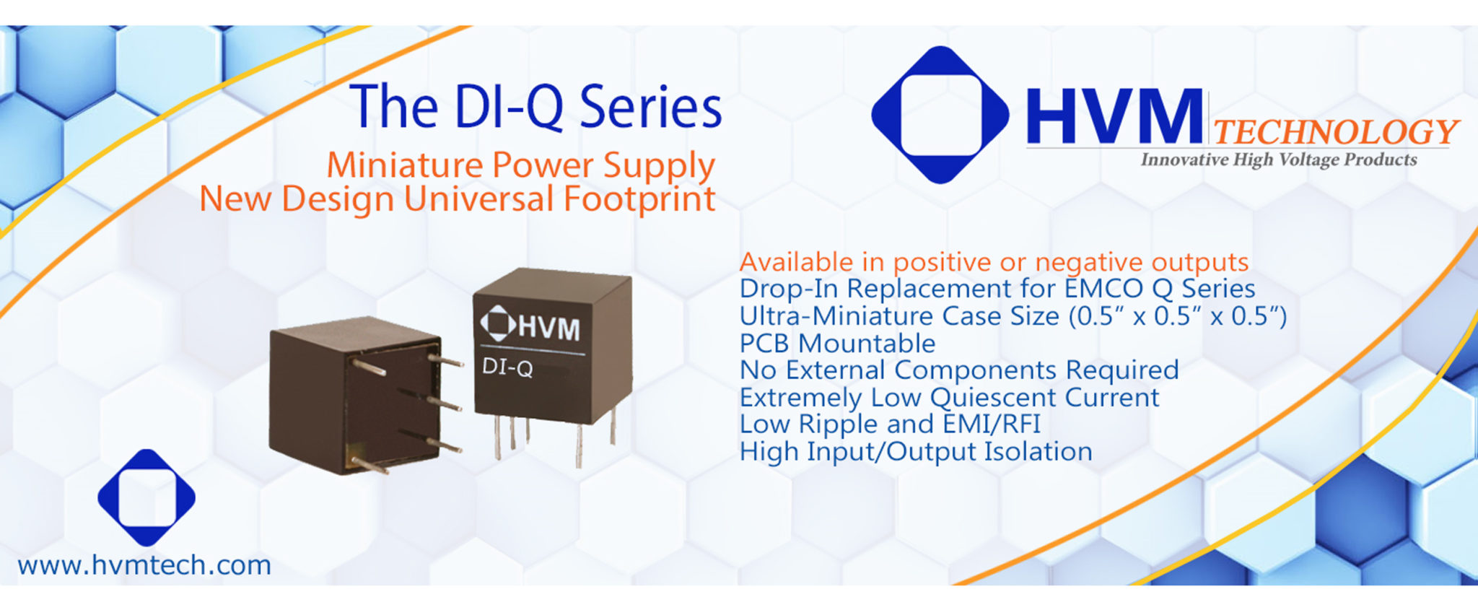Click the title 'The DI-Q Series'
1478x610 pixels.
tap(536, 108)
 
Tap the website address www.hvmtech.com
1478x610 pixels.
tap(144, 565)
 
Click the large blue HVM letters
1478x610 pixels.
tap(1114, 116)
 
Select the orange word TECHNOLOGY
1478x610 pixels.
tap(1336, 131)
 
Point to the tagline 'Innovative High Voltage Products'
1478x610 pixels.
tap(1278, 160)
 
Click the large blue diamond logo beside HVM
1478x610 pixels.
tap(940, 115)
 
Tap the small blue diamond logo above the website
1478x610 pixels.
tap(147, 497)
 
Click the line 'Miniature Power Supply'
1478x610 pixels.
tap(520, 165)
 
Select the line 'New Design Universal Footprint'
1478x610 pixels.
tap(458, 199)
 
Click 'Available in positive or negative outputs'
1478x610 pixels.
tap(994, 261)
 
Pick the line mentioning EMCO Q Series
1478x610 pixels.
tap(997, 288)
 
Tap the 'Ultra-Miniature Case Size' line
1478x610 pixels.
tap(1013, 315)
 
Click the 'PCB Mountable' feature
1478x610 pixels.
tap(837, 343)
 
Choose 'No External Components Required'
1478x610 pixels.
tap(959, 370)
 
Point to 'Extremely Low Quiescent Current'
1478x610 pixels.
tap(949, 397)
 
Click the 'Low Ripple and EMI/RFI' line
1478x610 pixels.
tap(890, 424)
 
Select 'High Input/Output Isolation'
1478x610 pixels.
tap(916, 451)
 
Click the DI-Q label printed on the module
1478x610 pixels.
tap(507, 367)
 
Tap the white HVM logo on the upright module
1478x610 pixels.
tap(530, 326)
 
